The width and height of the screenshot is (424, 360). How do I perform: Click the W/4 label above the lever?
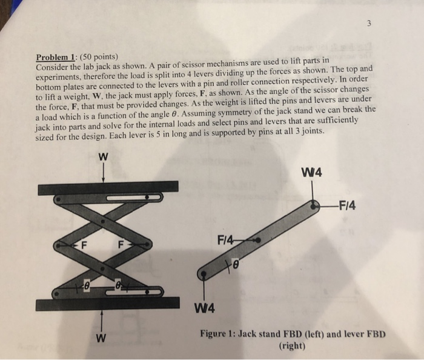point(314,170)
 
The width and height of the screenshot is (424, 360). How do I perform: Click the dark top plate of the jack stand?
point(108,187)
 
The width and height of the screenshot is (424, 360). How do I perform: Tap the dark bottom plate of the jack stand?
point(108,302)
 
